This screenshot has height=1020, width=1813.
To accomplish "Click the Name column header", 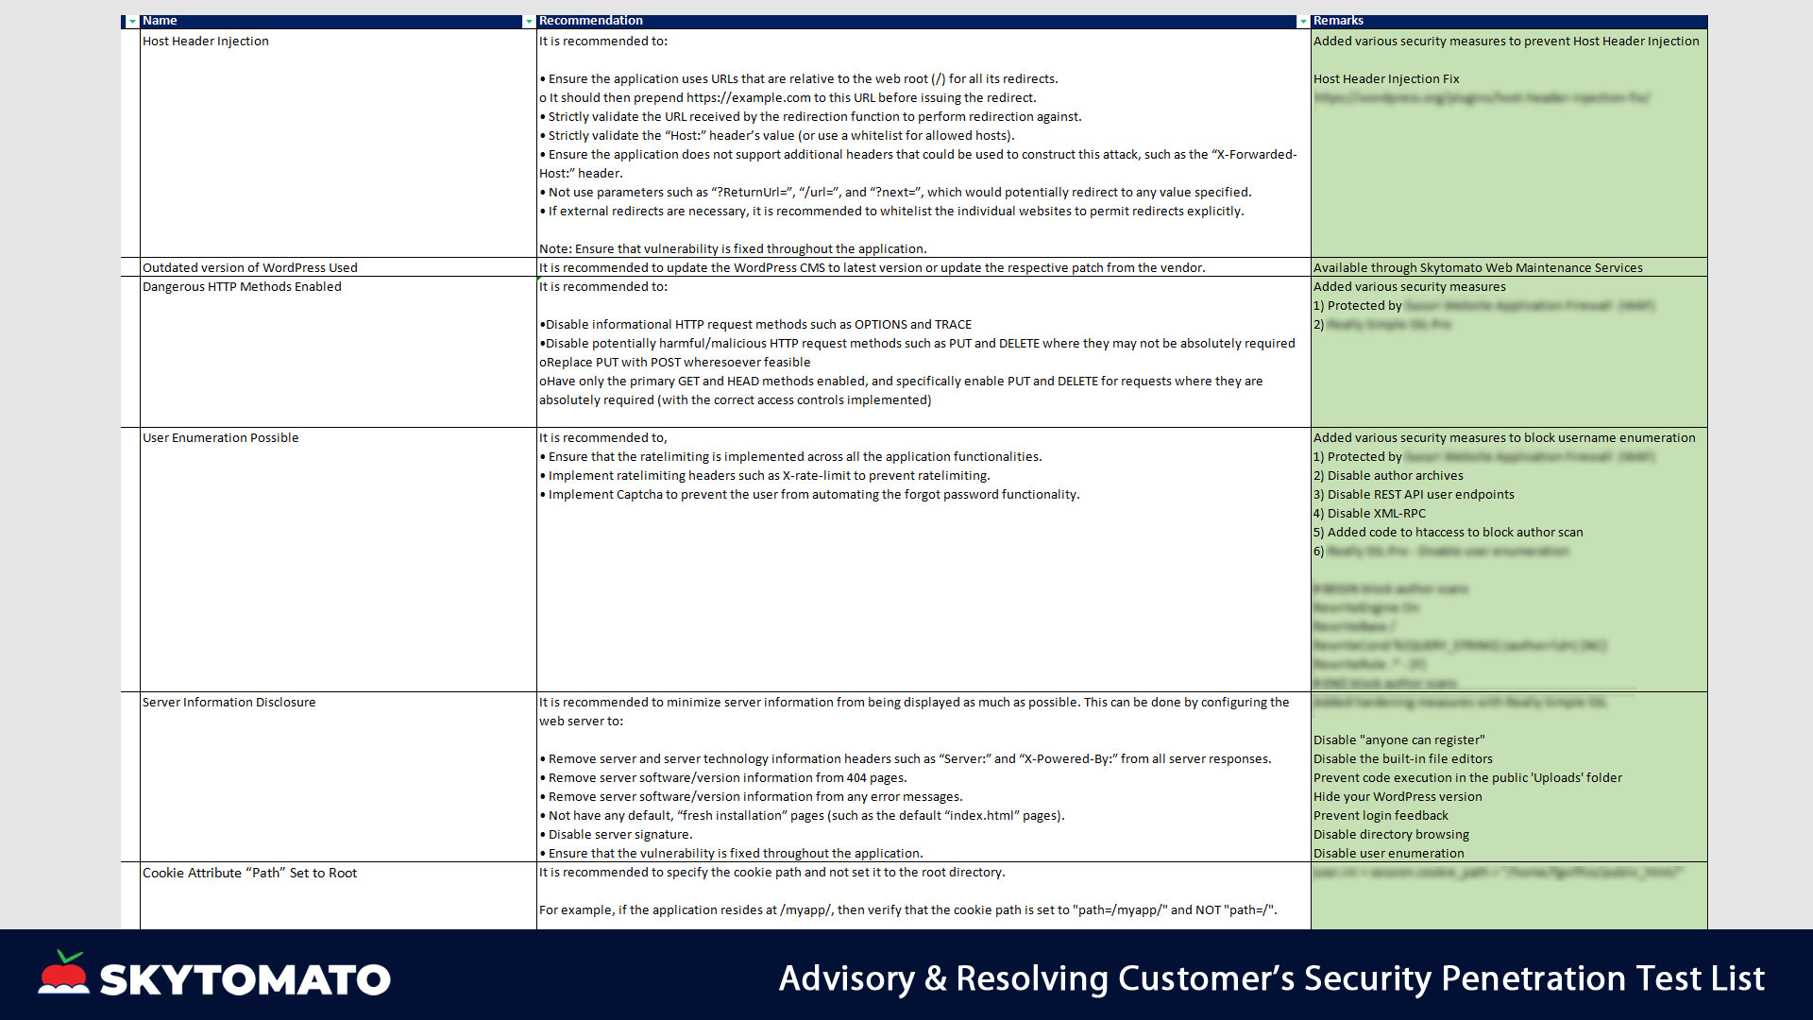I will tap(160, 21).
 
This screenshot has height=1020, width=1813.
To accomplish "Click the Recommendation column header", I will tap(590, 21).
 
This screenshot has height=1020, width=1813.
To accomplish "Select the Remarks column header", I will tap(1338, 21).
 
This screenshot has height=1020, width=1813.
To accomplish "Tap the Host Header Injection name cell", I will tap(206, 42).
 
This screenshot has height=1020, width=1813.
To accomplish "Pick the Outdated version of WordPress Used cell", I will tap(250, 268).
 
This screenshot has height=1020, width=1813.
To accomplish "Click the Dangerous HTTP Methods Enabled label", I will tap(242, 287).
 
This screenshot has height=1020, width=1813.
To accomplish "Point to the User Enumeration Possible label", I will tap(220, 438).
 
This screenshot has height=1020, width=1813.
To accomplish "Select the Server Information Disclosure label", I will tap(229, 703).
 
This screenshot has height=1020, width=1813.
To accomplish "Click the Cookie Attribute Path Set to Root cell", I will tap(249, 874).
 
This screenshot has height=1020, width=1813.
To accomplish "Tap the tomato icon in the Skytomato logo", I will tap(64, 974).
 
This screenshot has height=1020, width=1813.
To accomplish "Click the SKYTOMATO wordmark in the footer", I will tap(245, 980).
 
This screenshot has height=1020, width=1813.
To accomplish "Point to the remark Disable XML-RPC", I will tap(1376, 514).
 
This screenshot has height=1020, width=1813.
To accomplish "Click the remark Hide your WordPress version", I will tap(1398, 797).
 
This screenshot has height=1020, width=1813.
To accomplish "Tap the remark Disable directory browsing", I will tap(1391, 835).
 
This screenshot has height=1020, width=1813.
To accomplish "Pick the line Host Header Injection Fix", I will tap(1386, 79).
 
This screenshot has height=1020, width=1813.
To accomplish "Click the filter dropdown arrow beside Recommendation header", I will tap(1303, 22).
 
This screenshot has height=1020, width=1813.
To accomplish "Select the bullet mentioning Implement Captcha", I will tap(813, 495).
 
